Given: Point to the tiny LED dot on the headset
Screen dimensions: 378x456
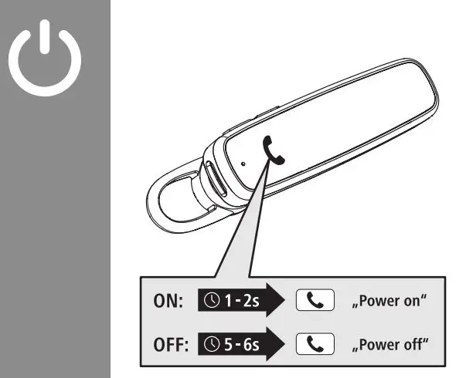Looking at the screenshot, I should pos(242,164).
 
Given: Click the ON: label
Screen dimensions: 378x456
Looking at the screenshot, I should pos(165,302).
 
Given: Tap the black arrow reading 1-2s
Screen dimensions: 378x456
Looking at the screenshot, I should pos(240,302).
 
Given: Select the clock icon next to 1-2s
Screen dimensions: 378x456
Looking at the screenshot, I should pos(213,302).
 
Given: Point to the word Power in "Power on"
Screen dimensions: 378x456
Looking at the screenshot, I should pos(378,302).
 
